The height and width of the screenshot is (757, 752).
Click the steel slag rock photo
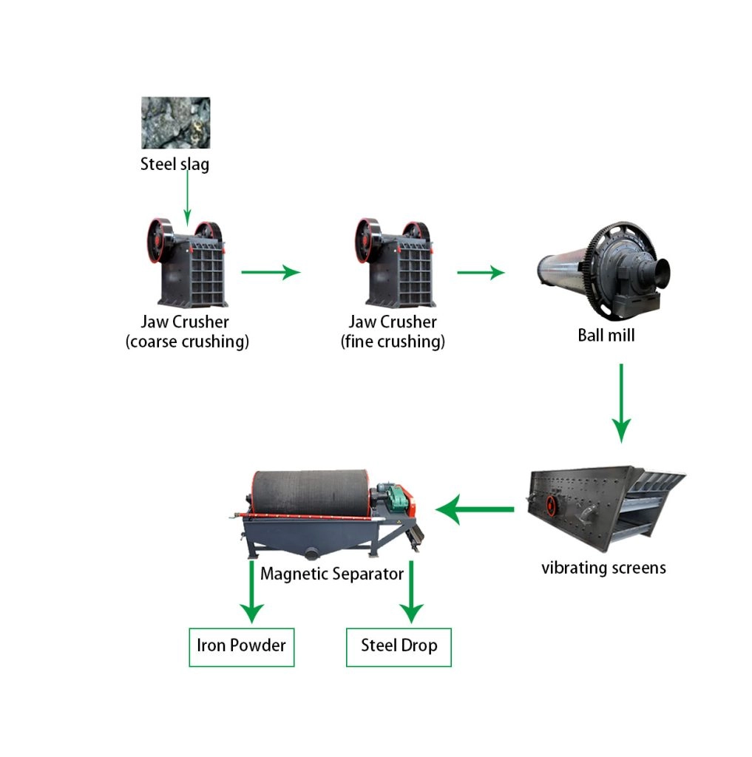tap(175, 123)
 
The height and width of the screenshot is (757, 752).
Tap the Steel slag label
tap(175, 164)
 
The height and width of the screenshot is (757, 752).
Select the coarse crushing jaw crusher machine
tap(187, 262)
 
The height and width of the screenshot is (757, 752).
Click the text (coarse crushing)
tap(187, 342)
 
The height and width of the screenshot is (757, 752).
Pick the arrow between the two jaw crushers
tap(271, 272)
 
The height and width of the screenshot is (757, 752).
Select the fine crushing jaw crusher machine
tap(395, 262)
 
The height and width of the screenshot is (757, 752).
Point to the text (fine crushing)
tap(393, 342)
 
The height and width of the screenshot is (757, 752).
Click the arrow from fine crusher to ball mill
tap(481, 272)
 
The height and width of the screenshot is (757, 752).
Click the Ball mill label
tap(606, 335)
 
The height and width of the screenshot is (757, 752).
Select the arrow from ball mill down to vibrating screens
tap(621, 404)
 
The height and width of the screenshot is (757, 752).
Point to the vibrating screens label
tap(603, 568)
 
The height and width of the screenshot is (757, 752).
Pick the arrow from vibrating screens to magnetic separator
tap(475, 509)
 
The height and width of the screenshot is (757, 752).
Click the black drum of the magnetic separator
tap(310, 493)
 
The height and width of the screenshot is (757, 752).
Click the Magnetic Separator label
tap(332, 574)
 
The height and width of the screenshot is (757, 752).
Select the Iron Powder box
tap(242, 648)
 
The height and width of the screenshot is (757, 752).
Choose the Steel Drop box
tap(399, 648)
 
